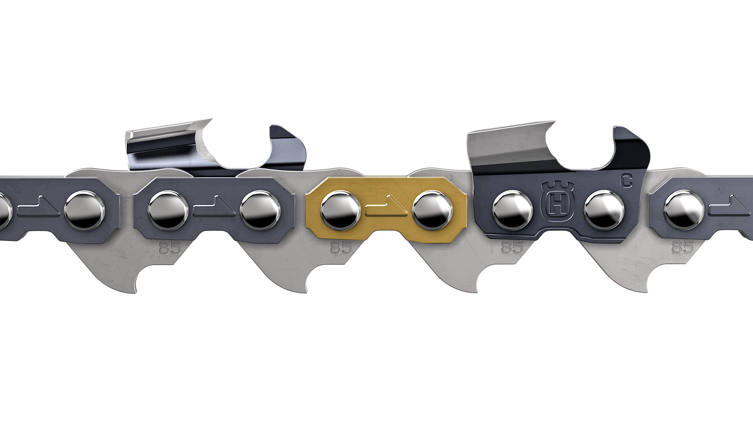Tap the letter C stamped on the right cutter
click(x=626, y=181)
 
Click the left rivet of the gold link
click(x=340, y=210)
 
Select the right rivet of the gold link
click(x=432, y=210)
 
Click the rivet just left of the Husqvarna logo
click(x=512, y=210)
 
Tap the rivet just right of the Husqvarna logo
click(x=604, y=210)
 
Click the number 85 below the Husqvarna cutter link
click(x=512, y=247)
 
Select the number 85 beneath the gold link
click(x=341, y=247)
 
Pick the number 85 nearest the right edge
click(x=683, y=247)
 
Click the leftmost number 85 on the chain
click(x=170, y=247)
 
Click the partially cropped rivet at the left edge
click(x=4, y=211)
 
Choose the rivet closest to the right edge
click(x=684, y=210)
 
